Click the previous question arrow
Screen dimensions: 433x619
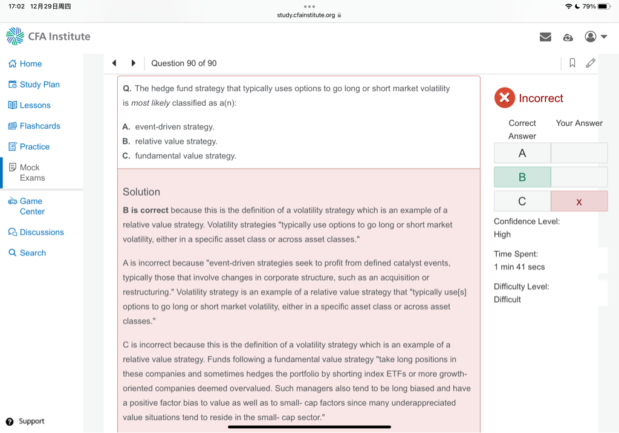pos(114,63)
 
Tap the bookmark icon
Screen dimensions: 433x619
pos(572,63)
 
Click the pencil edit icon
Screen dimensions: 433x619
pos(591,63)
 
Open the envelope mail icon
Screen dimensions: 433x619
pos(545,37)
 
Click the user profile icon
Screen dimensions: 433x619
pos(591,37)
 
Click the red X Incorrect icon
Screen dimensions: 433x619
pos(504,98)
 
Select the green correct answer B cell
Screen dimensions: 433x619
pos(522,177)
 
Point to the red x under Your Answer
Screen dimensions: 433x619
pos(579,201)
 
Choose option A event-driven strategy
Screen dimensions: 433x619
pos(174,127)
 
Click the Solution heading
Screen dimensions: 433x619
pos(141,192)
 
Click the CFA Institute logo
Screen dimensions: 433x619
pos(48,36)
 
